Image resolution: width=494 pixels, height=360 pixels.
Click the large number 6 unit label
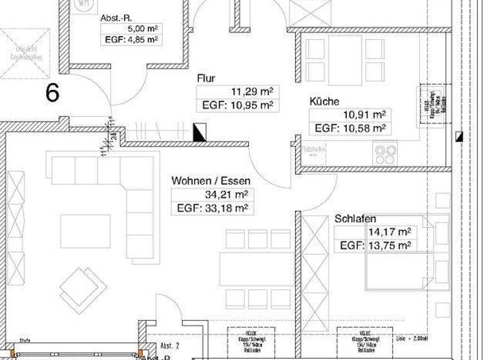(53, 93)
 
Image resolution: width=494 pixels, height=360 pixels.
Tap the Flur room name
(206, 78)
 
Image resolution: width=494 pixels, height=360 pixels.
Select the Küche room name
(324, 102)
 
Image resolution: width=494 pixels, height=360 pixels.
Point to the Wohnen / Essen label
(211, 181)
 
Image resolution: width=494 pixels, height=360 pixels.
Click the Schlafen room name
(355, 219)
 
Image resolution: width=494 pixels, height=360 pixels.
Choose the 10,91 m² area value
(364, 114)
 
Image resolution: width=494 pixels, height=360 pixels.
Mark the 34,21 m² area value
(226, 194)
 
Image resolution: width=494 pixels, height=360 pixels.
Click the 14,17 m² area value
(389, 232)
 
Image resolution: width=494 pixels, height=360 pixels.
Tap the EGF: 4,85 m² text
(131, 40)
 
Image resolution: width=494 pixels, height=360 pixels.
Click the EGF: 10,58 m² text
(350, 128)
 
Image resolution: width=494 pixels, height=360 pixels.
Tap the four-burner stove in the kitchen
(386, 152)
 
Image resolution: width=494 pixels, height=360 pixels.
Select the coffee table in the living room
(81, 230)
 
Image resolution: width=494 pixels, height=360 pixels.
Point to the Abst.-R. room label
(116, 18)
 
